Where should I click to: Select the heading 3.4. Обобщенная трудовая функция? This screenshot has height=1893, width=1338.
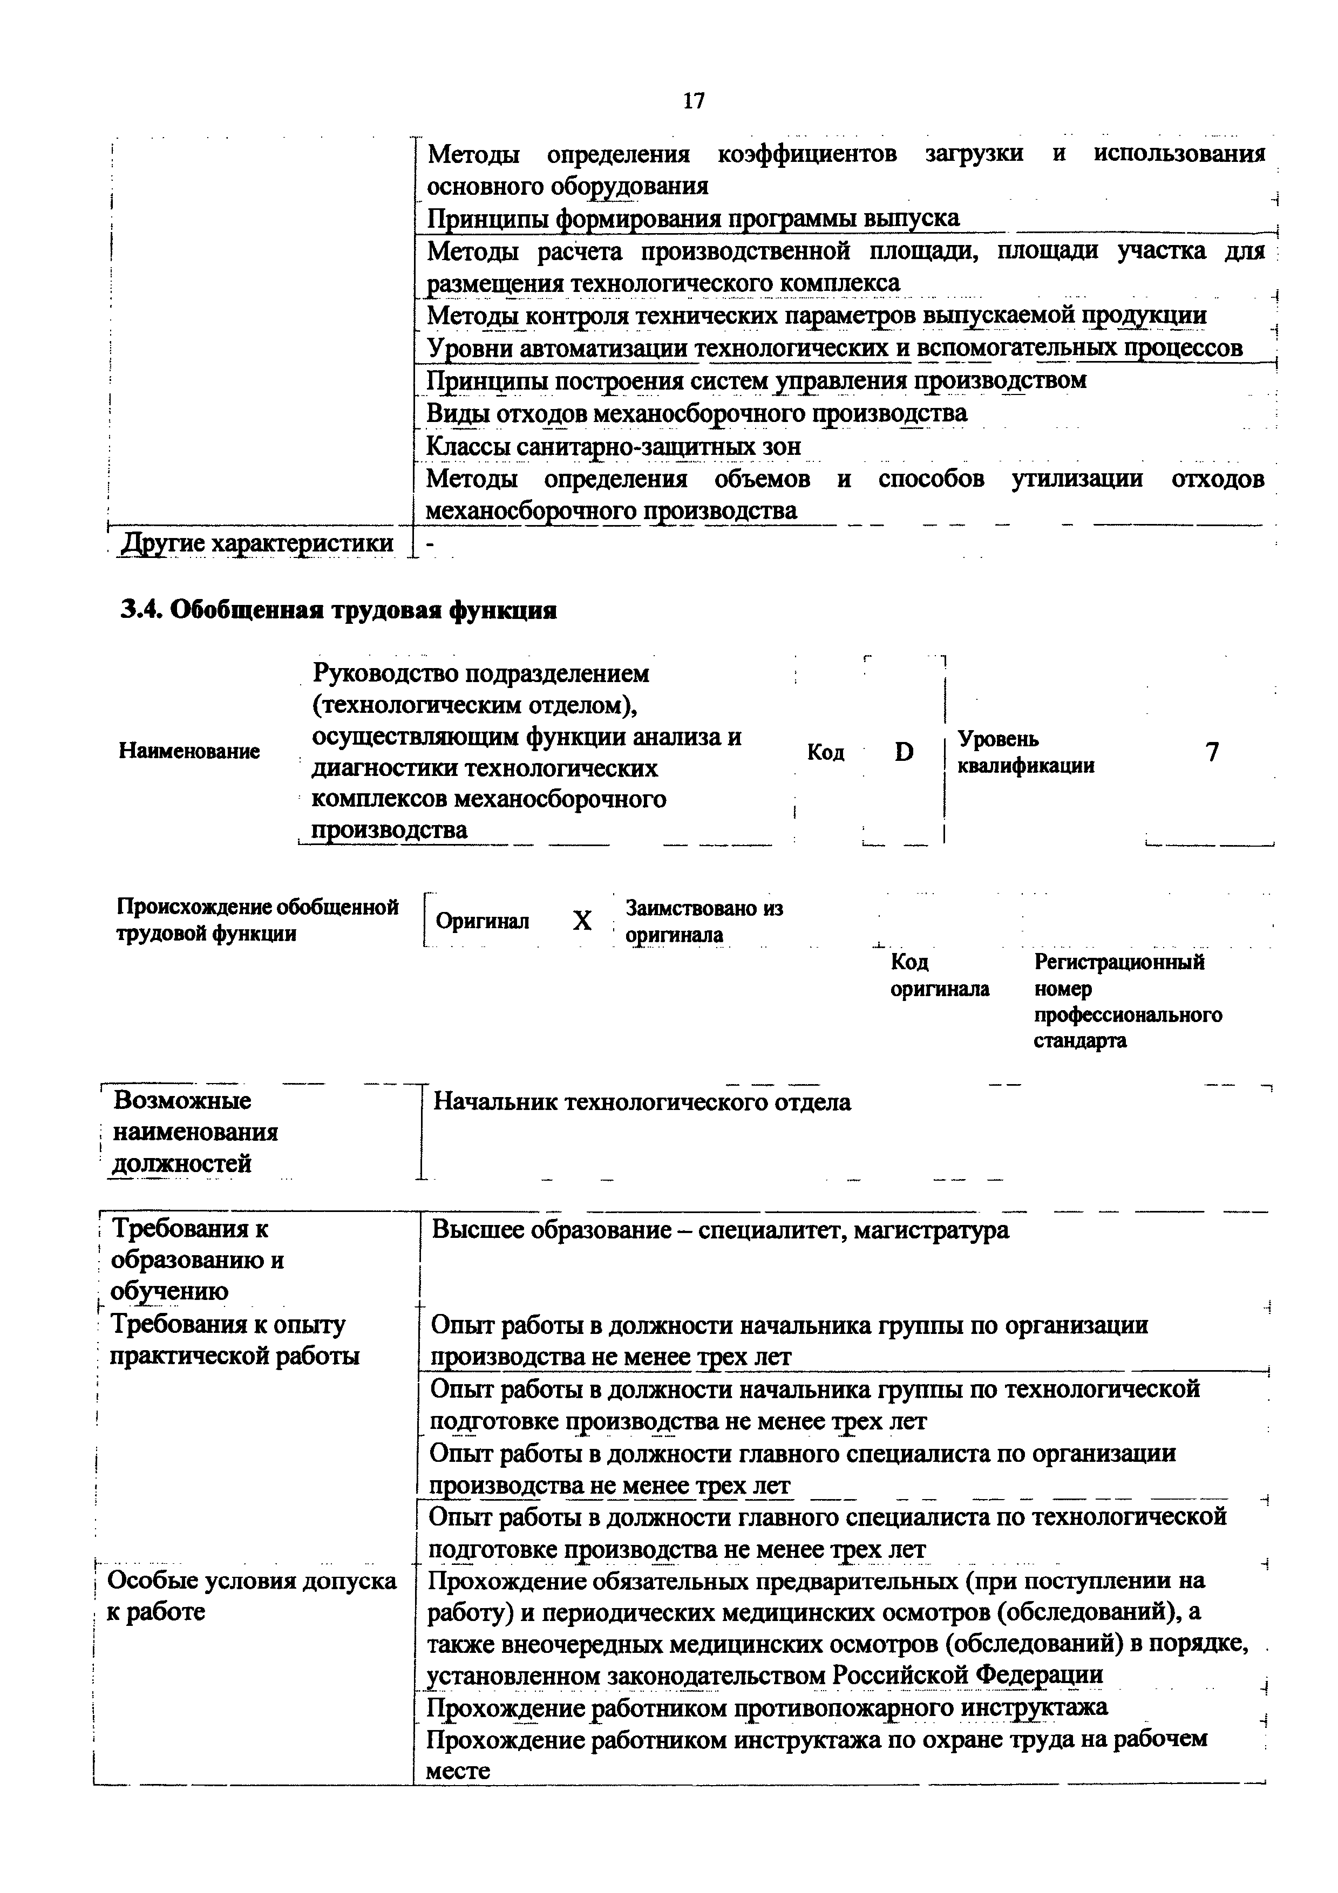tap(339, 610)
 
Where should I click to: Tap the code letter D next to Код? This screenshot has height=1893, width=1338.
tap(905, 751)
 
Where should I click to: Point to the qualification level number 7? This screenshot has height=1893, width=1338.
tap(1212, 751)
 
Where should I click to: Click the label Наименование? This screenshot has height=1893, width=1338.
tap(189, 751)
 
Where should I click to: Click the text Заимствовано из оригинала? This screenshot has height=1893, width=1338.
tap(703, 921)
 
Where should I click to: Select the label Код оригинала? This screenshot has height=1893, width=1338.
tap(939, 975)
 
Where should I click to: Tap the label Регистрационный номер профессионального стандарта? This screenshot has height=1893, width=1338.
tap(1127, 1001)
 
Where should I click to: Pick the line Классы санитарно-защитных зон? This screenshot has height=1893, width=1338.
tap(613, 446)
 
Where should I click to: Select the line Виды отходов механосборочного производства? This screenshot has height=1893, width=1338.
tap(697, 413)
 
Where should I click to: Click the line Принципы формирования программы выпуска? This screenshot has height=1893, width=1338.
tap(692, 219)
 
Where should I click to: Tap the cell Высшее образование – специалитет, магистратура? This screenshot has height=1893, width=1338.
tap(719, 1230)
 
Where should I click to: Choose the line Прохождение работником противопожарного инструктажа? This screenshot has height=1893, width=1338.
tap(766, 1707)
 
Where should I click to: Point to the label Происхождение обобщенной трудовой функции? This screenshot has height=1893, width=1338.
tap(257, 920)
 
